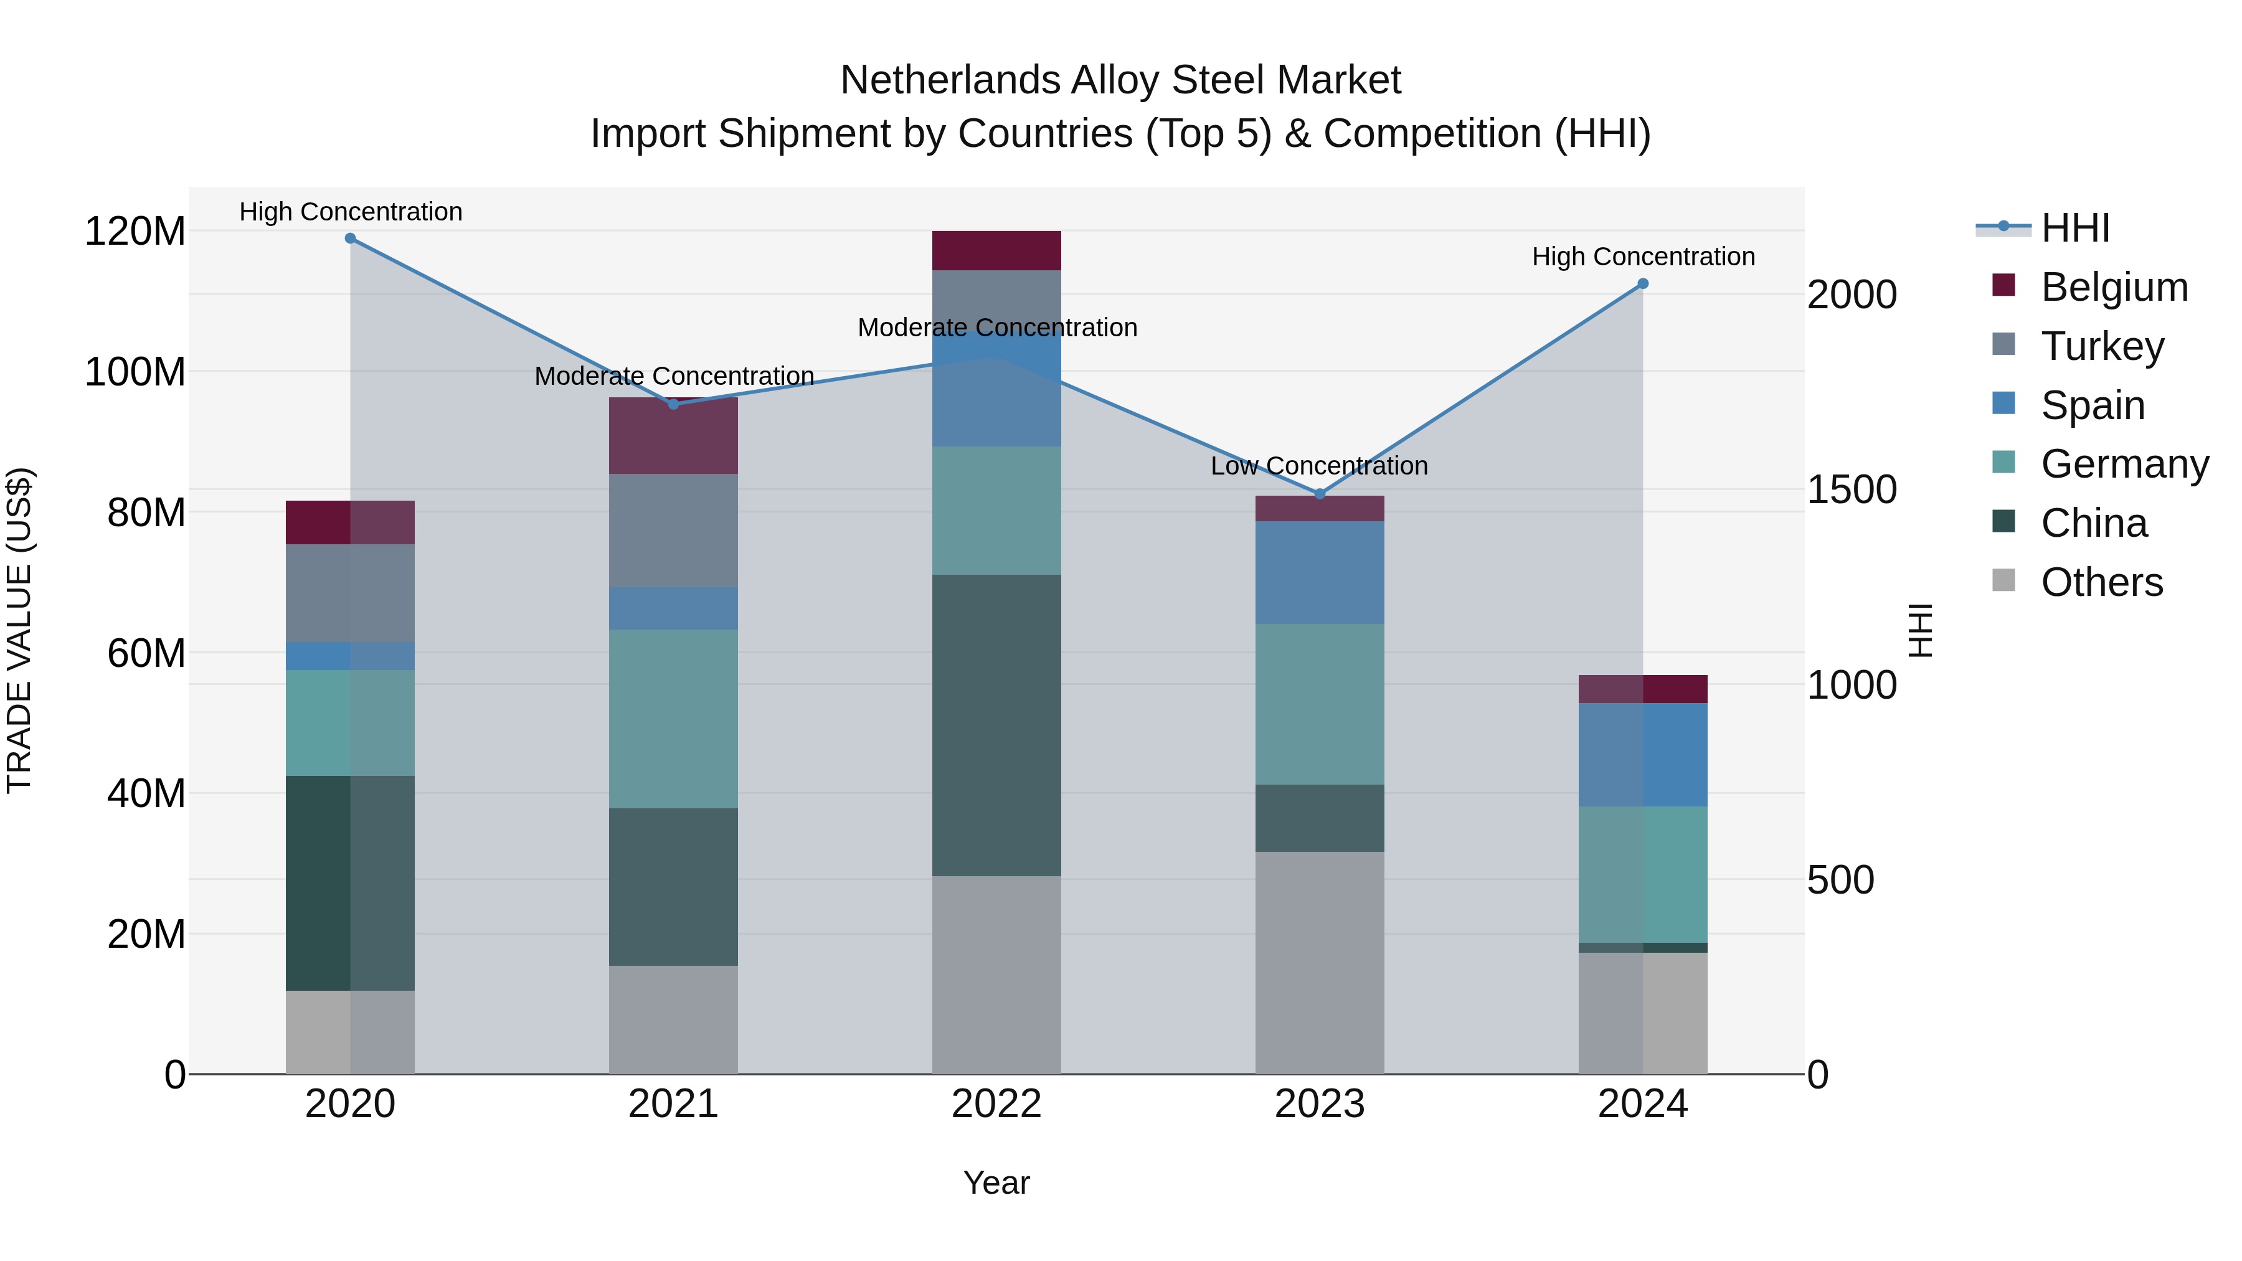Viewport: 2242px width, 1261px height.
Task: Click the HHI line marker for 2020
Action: [x=350, y=239]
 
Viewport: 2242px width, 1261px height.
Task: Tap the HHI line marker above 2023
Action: [x=1320, y=494]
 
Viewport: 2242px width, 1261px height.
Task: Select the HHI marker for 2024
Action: [x=1642, y=284]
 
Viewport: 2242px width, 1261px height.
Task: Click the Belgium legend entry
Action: [x=2113, y=287]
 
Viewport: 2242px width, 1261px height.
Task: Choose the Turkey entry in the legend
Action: [x=2101, y=346]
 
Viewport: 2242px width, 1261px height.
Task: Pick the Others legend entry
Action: [x=2101, y=582]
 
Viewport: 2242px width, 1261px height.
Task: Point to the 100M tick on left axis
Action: [x=135, y=372]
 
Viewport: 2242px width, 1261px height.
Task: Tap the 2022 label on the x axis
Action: [x=996, y=1104]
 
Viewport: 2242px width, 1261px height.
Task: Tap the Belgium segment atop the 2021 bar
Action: [x=673, y=436]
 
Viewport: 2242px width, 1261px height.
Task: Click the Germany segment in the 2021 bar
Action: [x=673, y=718]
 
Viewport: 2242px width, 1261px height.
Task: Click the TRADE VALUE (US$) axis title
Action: [x=19, y=630]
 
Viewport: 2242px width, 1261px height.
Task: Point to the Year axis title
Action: [x=996, y=1183]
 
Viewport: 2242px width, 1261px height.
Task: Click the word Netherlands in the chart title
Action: [x=948, y=81]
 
